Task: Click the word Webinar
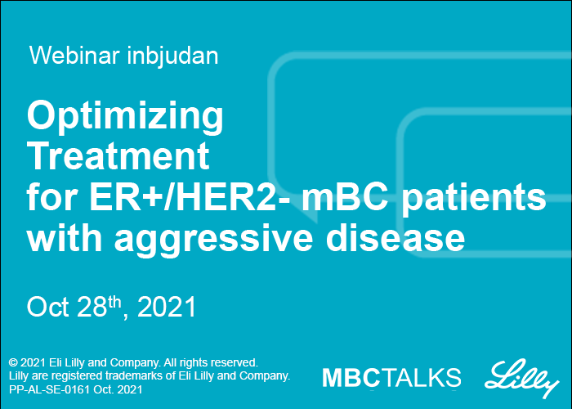coord(74,56)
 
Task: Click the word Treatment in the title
coord(118,156)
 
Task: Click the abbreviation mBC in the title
coord(345,197)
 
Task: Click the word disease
coord(395,237)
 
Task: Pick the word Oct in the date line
coord(47,307)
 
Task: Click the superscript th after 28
coord(114,303)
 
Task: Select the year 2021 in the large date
coord(167,307)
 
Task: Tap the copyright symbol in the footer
coord(13,362)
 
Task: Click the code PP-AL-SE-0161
coord(49,389)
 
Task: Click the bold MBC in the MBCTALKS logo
coord(351,378)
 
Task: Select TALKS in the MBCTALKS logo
coord(421,378)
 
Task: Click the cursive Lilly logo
coord(522,379)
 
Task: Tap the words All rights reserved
coord(211,362)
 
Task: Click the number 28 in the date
coord(92,307)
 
